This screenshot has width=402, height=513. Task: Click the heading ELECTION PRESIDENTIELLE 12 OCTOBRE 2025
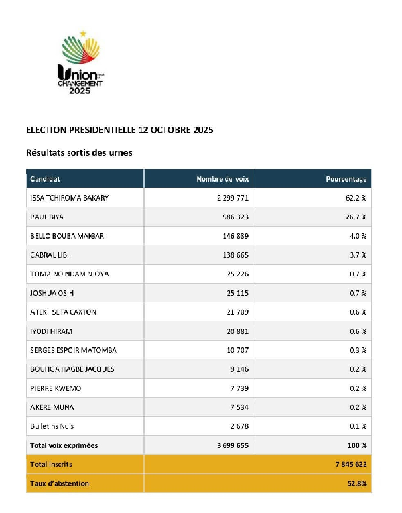point(119,129)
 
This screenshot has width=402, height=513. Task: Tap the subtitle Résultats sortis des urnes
point(79,152)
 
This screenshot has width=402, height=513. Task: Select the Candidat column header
point(46,179)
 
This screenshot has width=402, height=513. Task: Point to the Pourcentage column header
point(346,179)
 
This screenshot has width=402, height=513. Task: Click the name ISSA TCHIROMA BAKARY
point(70,198)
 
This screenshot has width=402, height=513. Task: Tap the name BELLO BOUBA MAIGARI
point(68,236)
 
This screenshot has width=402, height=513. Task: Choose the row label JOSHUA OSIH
point(52,293)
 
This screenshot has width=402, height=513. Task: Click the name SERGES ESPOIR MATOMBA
point(74,350)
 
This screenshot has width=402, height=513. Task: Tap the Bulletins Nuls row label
point(52,426)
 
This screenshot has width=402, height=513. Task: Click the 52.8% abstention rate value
point(355,483)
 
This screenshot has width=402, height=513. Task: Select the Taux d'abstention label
point(60,483)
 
